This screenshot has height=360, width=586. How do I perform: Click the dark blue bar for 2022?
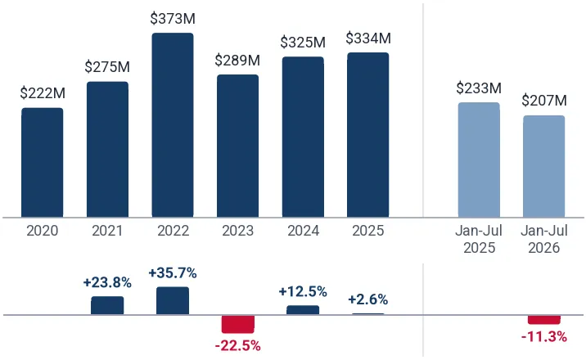click(x=173, y=125)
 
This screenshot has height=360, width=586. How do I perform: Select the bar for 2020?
click(x=43, y=163)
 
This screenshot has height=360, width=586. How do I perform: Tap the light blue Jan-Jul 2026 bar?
click(x=543, y=166)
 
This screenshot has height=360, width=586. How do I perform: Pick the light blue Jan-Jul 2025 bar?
click(x=479, y=160)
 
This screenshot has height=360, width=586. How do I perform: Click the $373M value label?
click(x=173, y=19)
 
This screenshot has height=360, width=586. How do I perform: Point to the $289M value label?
click(x=237, y=60)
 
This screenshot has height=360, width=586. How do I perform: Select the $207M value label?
click(x=544, y=101)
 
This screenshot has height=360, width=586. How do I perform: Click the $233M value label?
click(x=479, y=88)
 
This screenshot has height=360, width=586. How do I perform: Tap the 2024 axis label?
click(x=303, y=231)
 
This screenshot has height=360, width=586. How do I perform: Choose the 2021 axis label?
click(x=107, y=231)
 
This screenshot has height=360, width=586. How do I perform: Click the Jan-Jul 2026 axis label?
click(x=544, y=239)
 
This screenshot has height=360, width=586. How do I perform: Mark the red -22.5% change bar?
click(x=237, y=324)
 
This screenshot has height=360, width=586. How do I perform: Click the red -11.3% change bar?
click(x=543, y=320)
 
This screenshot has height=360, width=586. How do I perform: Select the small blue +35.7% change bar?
click(x=173, y=300)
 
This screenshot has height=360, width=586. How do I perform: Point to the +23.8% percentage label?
click(x=107, y=283)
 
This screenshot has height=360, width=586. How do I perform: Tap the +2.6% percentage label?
click(x=368, y=299)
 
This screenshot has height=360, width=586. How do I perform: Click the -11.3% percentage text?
click(x=544, y=337)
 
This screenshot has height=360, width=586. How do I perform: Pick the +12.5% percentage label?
click(x=303, y=291)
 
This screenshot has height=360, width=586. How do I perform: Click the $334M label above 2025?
click(x=368, y=38)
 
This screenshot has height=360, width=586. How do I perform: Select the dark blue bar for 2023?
click(x=237, y=146)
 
